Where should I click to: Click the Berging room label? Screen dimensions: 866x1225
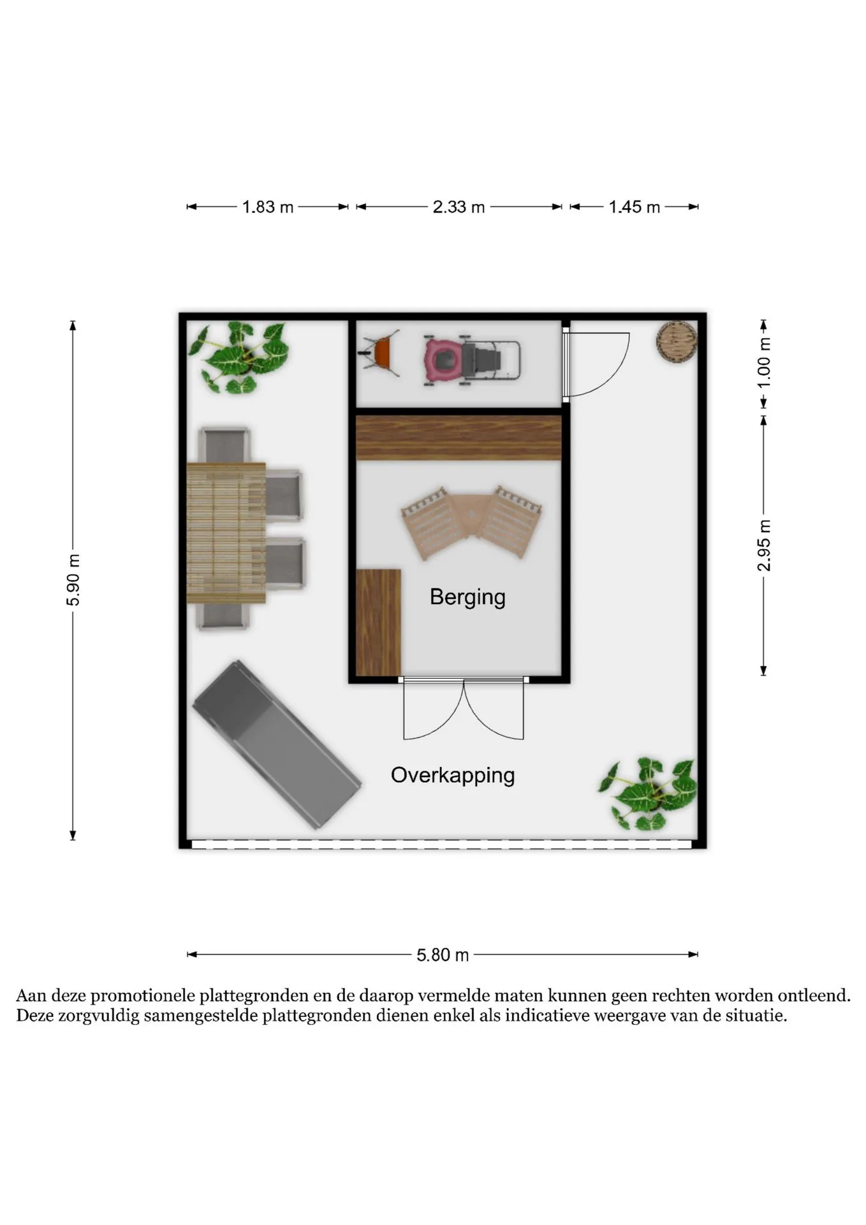467,597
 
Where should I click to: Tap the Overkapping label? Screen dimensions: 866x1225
453,776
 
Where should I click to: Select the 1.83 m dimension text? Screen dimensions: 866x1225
268,207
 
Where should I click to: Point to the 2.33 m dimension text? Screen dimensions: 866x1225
459,207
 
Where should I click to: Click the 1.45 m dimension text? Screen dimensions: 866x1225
634,207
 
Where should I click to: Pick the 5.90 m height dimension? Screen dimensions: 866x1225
73,580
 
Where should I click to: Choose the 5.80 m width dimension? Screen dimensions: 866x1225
443,955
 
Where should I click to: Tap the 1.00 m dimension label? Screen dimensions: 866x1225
764,362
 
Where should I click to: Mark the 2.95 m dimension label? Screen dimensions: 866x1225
764,546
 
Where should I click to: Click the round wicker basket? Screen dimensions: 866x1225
676,343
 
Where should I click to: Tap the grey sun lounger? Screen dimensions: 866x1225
277,745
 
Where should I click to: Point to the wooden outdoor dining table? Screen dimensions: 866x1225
226,533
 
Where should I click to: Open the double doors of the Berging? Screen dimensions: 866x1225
464,708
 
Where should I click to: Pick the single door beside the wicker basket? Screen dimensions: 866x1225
596,365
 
